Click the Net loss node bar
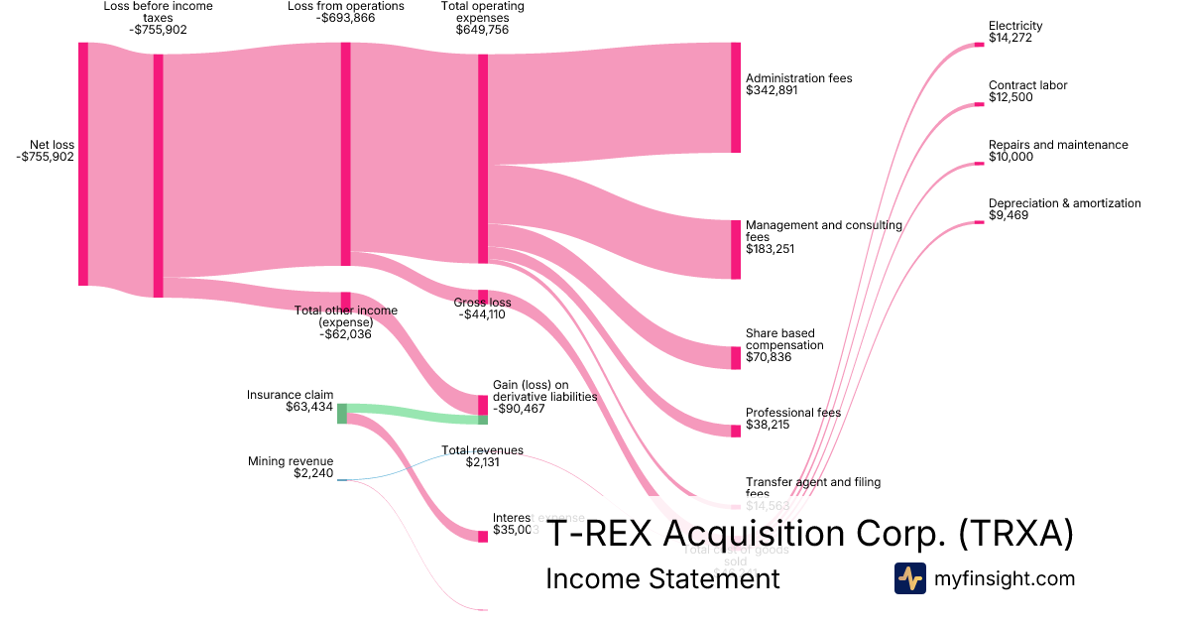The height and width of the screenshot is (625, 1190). pyautogui.click(x=83, y=164)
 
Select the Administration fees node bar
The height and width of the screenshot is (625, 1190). pyautogui.click(x=736, y=97)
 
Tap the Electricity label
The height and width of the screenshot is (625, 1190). pyautogui.click(x=1015, y=26)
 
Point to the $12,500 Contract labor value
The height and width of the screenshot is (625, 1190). pyautogui.click(x=1011, y=97)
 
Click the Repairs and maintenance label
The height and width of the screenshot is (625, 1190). pyautogui.click(x=1058, y=145)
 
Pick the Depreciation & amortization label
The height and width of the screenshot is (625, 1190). pyautogui.click(x=1064, y=203)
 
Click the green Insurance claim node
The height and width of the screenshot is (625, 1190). pyautogui.click(x=342, y=414)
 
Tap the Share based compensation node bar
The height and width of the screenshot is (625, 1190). pyautogui.click(x=736, y=358)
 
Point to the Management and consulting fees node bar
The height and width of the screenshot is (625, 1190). pyautogui.click(x=736, y=250)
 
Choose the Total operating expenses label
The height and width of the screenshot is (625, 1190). pyautogui.click(x=482, y=12)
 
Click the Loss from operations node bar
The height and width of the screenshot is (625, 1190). pyautogui.click(x=346, y=154)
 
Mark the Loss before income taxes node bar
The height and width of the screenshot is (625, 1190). pyautogui.click(x=158, y=176)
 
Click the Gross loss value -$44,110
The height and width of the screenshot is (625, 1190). pyautogui.click(x=482, y=314)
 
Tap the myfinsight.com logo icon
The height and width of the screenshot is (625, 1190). pyautogui.click(x=909, y=578)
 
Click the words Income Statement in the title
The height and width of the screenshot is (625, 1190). pyautogui.click(x=662, y=578)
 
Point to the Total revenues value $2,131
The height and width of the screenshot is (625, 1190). pyautogui.click(x=482, y=462)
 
